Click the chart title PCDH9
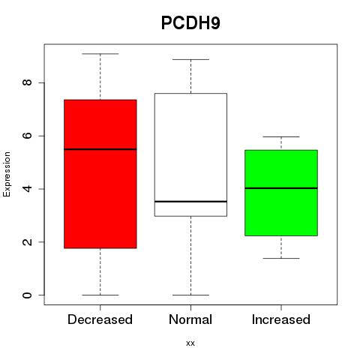coord(190,23)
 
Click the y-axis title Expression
coord(7,174)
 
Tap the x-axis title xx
coord(190,343)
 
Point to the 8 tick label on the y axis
coord(27,82)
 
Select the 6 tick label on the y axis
coord(27,136)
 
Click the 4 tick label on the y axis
coord(27,189)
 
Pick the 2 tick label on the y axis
coord(27,241)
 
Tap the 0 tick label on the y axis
coord(27,295)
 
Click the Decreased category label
coord(100,319)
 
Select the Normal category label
coord(190,319)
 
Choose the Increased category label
coord(281,319)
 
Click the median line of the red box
coord(100,149)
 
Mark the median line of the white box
coord(190,201)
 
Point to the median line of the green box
coord(281,188)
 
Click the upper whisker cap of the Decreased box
coord(100,54)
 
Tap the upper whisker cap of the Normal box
coord(190,59)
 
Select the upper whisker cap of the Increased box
coord(281,136)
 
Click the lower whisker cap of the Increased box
coord(281,258)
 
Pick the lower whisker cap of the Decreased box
coord(100,295)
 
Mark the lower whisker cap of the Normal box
coord(190,295)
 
